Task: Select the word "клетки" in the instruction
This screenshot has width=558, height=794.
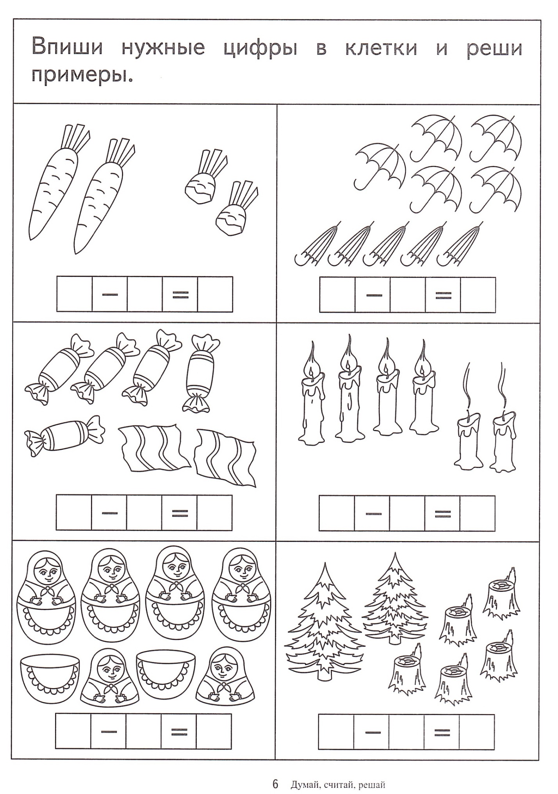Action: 381,48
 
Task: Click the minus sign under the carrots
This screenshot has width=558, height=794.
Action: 110,294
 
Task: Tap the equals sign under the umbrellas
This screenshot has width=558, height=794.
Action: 442,295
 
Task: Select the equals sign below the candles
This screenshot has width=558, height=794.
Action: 442,513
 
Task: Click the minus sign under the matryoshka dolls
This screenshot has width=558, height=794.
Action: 109,730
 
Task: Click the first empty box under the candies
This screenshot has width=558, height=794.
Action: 74,513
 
